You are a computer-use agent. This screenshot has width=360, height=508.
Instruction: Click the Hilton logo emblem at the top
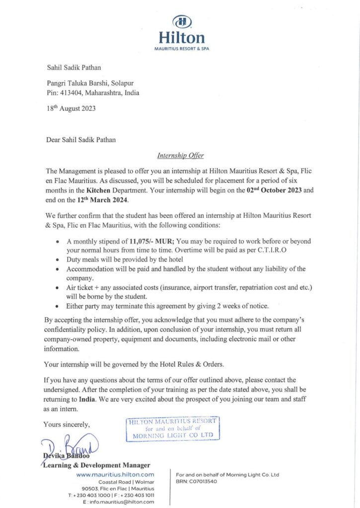(x=181, y=22)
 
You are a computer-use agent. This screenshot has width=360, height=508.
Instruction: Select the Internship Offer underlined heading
(x=180, y=156)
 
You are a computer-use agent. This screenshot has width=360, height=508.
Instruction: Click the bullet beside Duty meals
(x=60, y=260)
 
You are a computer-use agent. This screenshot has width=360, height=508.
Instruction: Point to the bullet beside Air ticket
(x=60, y=288)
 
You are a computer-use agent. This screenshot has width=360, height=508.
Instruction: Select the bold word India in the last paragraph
(x=90, y=399)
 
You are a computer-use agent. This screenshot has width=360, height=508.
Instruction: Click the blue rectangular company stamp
(x=173, y=429)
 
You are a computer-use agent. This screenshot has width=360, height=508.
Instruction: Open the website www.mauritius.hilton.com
(x=115, y=475)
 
